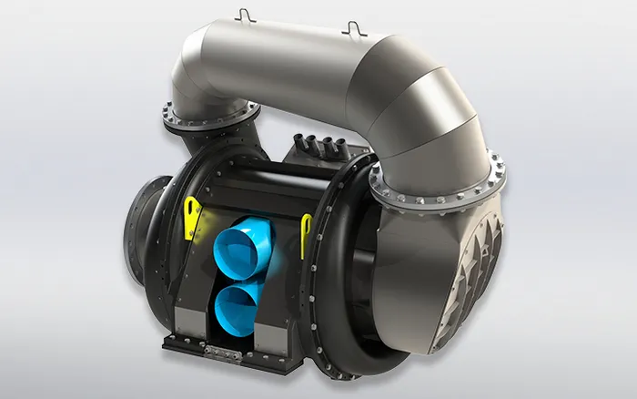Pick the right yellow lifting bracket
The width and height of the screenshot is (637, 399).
click(306, 231)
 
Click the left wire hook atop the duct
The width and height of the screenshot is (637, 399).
click(240, 15)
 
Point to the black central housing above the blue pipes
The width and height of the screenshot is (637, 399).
click(255, 187)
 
